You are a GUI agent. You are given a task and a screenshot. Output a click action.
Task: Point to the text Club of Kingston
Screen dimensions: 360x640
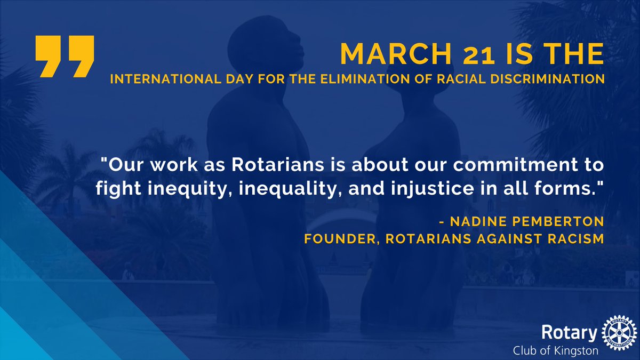[x=555, y=350]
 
